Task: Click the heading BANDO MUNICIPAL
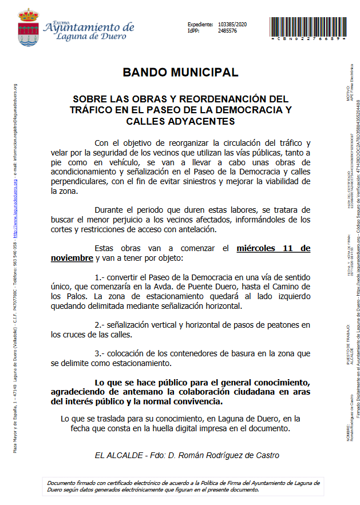[180, 73]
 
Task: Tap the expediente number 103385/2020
[233, 25]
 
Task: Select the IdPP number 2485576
[228, 31]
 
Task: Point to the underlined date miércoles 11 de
[274, 248]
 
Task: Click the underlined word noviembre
[72, 258]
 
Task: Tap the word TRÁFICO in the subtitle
[92, 110]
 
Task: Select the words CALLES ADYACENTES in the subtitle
[180, 121]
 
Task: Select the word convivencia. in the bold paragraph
[194, 402]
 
